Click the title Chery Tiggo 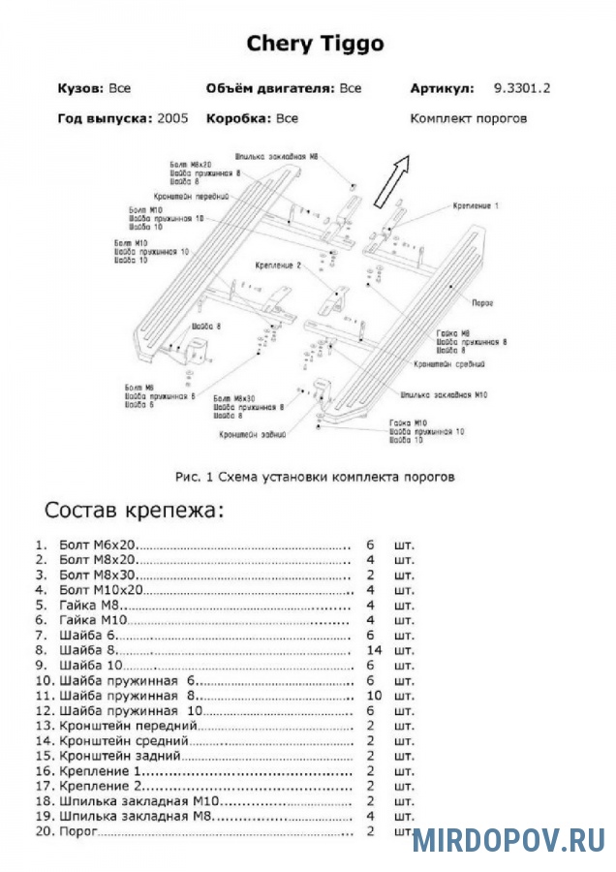coord(315,44)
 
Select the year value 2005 coord(171,119)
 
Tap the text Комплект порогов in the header coord(468,119)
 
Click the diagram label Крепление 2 coord(280,265)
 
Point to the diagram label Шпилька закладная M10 coord(444,395)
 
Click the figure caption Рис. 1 coord(314,477)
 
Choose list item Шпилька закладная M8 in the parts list coord(136,816)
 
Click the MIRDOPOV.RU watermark coord(508,839)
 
